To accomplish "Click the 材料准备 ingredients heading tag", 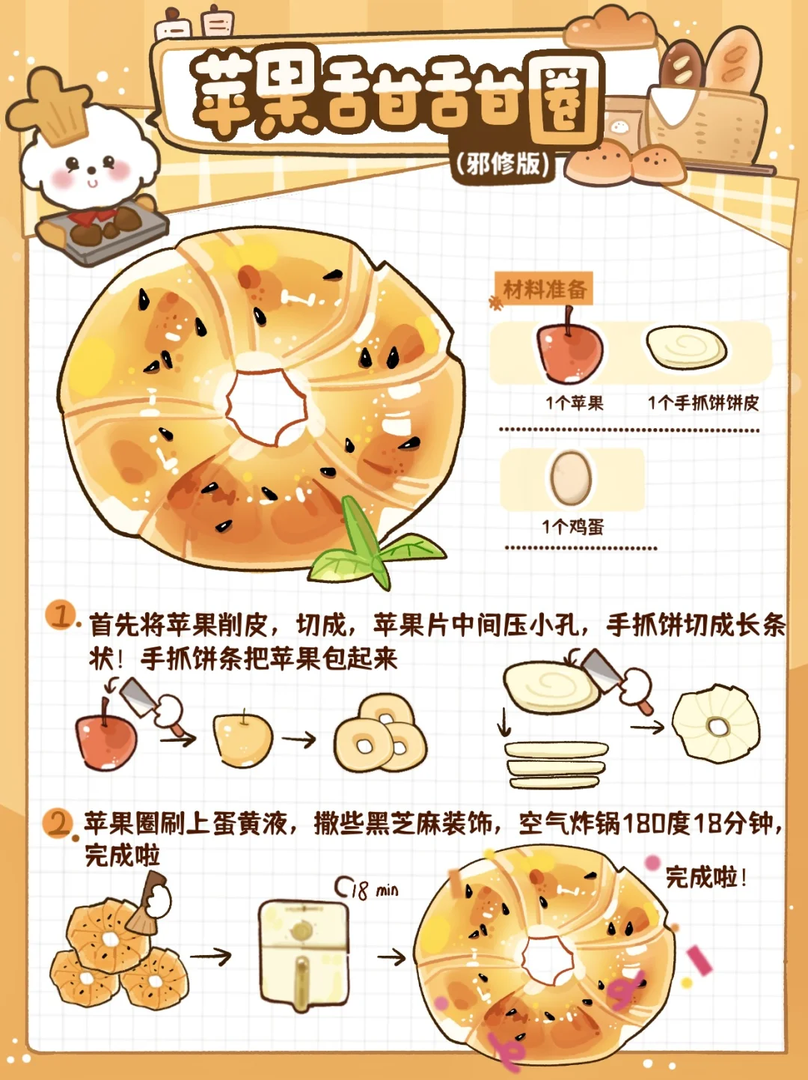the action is click(x=543, y=289).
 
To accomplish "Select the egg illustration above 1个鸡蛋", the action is click(x=571, y=478).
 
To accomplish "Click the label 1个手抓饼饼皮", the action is click(x=703, y=403).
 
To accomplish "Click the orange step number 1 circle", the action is click(x=60, y=615).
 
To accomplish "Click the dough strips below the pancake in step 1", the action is click(x=557, y=764).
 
